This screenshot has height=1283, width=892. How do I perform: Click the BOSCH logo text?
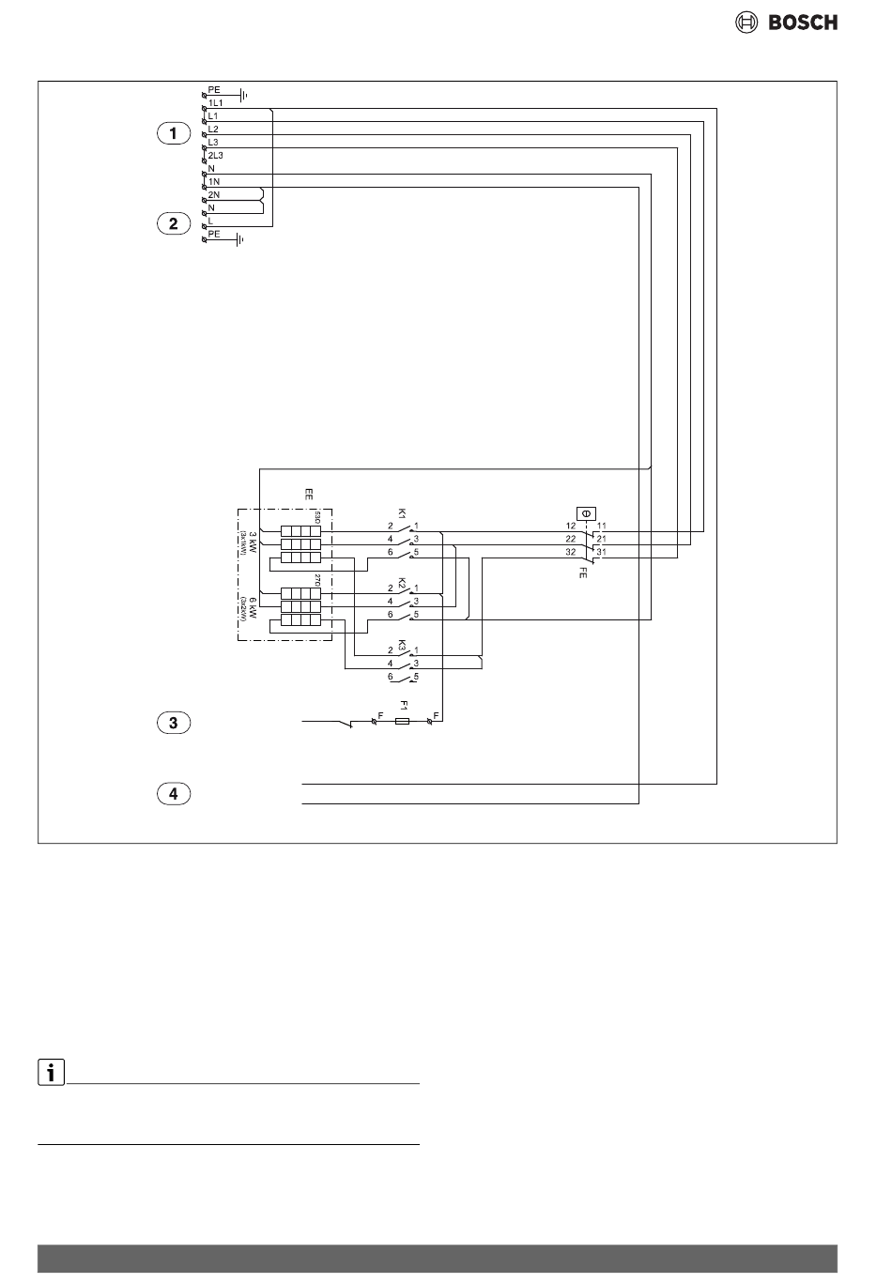click(x=803, y=23)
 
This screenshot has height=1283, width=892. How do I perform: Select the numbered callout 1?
click(x=173, y=134)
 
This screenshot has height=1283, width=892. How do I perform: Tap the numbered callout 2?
click(x=173, y=223)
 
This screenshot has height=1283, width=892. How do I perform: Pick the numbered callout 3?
click(x=173, y=723)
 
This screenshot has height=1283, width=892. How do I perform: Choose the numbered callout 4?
click(x=173, y=794)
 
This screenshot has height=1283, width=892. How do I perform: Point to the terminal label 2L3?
click(x=216, y=155)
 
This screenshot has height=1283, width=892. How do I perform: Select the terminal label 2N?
click(x=214, y=193)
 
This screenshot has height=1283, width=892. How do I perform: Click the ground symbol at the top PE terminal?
click(x=242, y=95)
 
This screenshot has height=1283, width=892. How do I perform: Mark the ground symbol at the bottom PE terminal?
click(x=240, y=240)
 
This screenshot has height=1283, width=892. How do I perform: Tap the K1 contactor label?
click(x=402, y=513)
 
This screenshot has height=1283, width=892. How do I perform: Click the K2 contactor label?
click(x=402, y=582)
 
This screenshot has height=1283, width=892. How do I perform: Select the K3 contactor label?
click(x=402, y=646)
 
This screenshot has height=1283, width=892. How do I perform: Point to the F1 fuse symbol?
click(x=403, y=721)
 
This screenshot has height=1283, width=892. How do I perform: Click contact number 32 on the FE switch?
click(x=570, y=553)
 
